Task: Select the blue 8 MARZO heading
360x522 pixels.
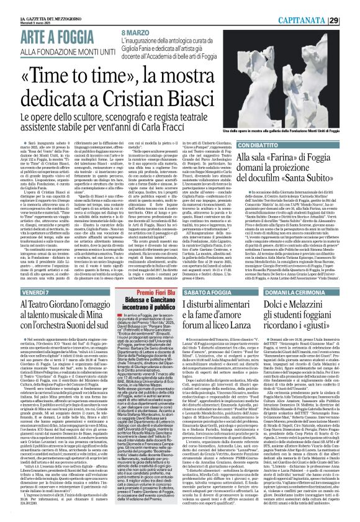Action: coord(136,32)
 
